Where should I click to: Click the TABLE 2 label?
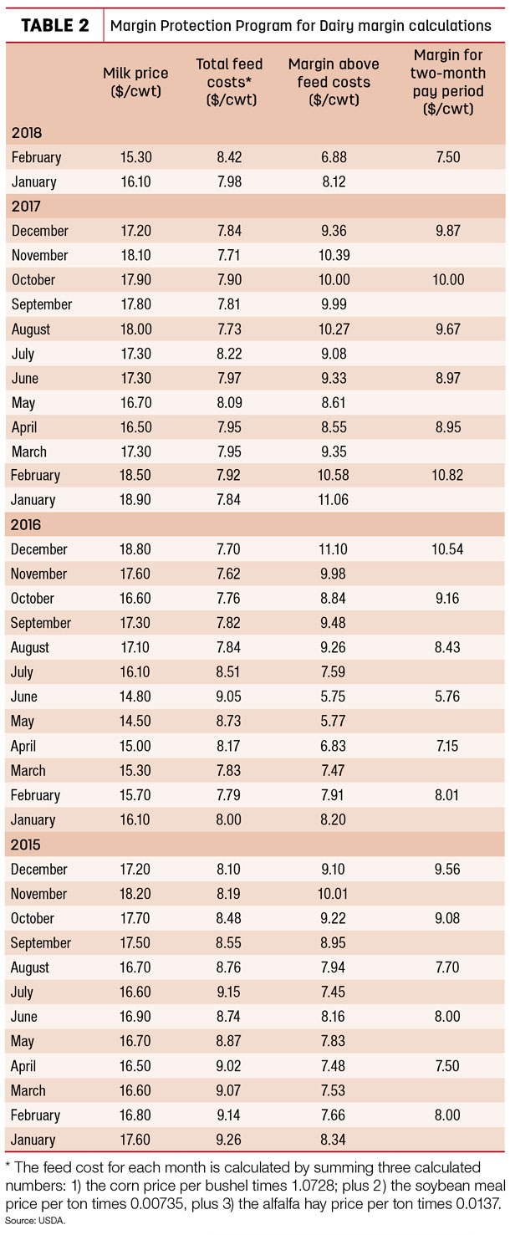pos(54,25)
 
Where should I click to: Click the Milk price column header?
pos(135,82)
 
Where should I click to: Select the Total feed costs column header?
pos(229,82)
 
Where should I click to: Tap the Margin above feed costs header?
pos(334,82)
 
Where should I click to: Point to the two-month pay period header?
pos(447,82)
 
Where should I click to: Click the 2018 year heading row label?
pos(27,132)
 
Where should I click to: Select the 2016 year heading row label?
pos(25,524)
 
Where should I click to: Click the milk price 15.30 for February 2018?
pos(136,157)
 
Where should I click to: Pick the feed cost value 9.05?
pos(228,697)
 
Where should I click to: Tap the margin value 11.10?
pos(333,549)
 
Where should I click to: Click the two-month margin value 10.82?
pos(447,475)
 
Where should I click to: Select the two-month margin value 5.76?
pos(447,697)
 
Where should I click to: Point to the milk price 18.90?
pos(135,499)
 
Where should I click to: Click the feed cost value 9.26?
pos(228,1139)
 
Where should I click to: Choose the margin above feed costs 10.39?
pos(334,255)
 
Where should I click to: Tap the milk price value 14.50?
pos(135,721)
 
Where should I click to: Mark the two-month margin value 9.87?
pos(447,231)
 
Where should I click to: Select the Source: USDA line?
pos(35,1221)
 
